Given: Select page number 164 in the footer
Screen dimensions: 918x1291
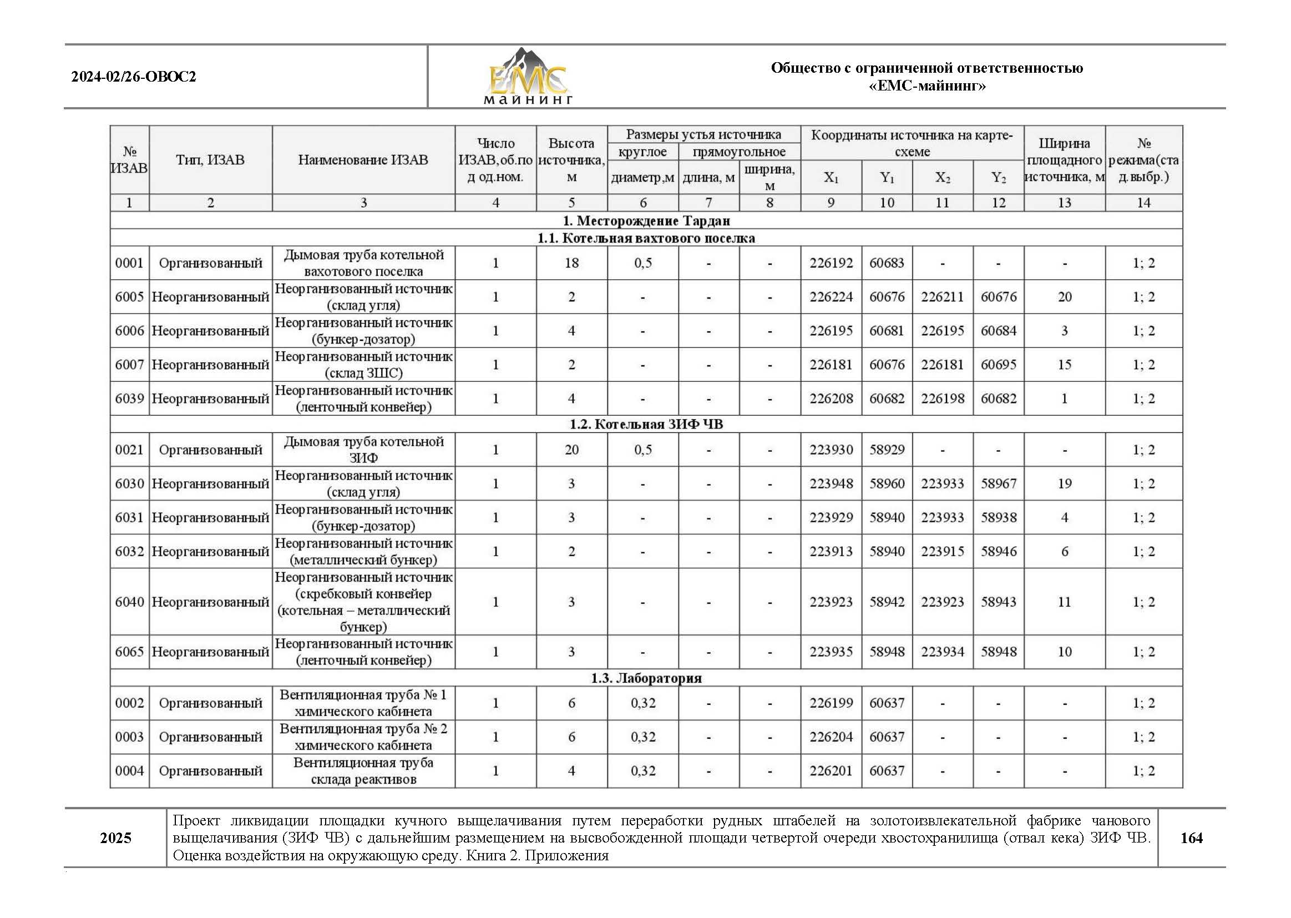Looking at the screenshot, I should tap(1191, 838).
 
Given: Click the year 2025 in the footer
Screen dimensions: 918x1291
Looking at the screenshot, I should tap(116, 838).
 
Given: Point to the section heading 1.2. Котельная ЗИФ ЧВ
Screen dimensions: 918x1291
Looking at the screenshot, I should tap(646, 424).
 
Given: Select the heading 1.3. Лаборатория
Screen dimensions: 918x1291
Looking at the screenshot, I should tap(646, 678).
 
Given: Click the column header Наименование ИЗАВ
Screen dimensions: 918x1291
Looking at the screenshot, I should tap(363, 160).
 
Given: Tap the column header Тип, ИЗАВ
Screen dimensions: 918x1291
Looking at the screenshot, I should tap(210, 160).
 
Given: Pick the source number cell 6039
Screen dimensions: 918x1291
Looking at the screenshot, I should tap(129, 399).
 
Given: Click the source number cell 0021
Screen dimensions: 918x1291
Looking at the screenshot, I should tap(129, 450).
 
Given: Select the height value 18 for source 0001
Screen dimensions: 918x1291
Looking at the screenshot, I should tap(571, 263).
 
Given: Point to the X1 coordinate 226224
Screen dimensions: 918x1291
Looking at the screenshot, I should tap(831, 297).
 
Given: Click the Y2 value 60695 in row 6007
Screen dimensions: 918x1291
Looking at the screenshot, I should tap(998, 365).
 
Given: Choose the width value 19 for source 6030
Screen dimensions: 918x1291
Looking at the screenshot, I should tap(1064, 484).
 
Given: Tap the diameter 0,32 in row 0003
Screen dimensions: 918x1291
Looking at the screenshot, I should tap(642, 737).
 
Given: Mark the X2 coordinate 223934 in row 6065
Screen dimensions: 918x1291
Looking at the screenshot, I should tap(942, 652).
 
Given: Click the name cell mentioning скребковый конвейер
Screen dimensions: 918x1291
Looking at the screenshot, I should tap(363, 602).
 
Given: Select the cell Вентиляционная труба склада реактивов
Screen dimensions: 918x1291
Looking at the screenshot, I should tap(363, 771).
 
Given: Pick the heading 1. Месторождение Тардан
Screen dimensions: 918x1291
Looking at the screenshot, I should tap(646, 220).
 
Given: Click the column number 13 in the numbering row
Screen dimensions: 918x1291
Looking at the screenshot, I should tap(1064, 203).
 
